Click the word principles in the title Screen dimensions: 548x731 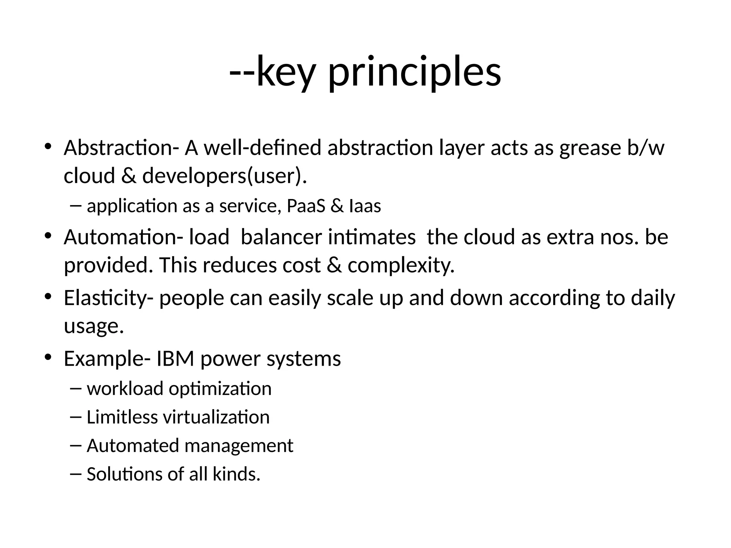tap(414, 73)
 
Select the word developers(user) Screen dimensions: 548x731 tap(225, 176)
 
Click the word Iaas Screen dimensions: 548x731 tap(365, 206)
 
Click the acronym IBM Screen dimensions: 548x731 tap(175, 359)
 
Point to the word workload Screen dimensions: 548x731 tap(125, 389)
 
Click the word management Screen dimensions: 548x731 tap(239, 446)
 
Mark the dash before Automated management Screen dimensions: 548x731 tap(76, 446)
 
